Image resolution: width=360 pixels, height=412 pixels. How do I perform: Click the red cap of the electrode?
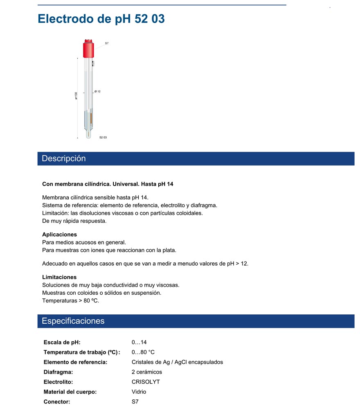tap(88, 49)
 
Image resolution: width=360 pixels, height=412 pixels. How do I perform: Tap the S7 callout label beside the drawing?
tap(107, 43)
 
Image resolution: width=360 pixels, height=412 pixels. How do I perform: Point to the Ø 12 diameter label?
tap(97, 92)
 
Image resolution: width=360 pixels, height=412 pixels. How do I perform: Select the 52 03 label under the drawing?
tap(103, 137)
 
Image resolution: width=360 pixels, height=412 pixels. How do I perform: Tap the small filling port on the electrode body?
tap(93, 63)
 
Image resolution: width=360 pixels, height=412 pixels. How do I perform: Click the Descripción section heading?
tap(64, 159)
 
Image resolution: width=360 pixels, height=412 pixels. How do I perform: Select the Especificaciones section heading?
tap(73, 321)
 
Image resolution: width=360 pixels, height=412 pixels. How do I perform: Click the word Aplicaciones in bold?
tap(59, 235)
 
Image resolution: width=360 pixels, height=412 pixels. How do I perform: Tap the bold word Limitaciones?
tap(59, 277)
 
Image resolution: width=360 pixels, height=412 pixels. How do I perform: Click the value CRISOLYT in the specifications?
tap(146, 382)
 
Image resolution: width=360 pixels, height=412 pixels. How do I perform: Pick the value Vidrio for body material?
tap(139, 392)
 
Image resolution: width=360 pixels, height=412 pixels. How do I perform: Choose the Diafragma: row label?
tap(59, 372)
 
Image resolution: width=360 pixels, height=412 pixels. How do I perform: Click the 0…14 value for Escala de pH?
tap(139, 342)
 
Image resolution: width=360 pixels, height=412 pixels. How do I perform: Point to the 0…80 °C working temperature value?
tap(143, 352)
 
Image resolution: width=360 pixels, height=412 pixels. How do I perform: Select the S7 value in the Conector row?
tap(135, 401)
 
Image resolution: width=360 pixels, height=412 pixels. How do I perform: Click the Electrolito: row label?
tap(58, 382)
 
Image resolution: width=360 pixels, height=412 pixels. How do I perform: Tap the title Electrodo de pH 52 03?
tap(101, 19)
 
